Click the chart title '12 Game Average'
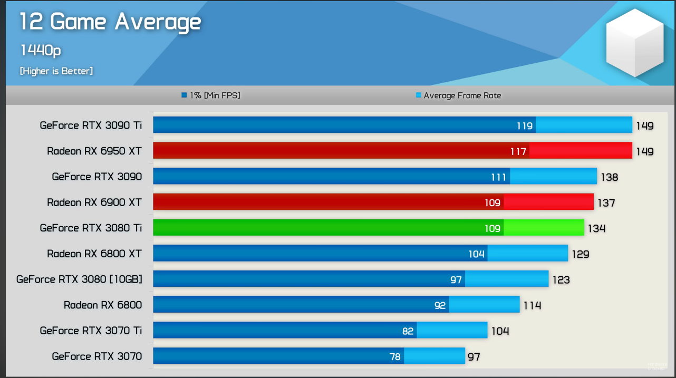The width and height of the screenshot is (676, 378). pyautogui.click(x=110, y=22)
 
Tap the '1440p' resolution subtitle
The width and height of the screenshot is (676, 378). pyautogui.click(x=41, y=51)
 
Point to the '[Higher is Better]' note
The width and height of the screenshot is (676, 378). pyautogui.click(x=56, y=71)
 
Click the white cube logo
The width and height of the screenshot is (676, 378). pyautogui.click(x=634, y=43)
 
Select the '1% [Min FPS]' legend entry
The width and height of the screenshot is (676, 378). pyautogui.click(x=211, y=95)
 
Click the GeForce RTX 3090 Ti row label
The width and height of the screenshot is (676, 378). pyautogui.click(x=91, y=125)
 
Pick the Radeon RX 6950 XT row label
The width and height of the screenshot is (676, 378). pyautogui.click(x=94, y=151)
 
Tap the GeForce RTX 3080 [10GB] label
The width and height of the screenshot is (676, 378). pyautogui.click(x=79, y=279)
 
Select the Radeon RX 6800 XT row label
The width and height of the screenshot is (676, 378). pyautogui.click(x=94, y=254)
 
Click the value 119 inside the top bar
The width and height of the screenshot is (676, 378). pyautogui.click(x=525, y=126)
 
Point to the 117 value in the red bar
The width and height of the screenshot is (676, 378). pyautogui.click(x=518, y=152)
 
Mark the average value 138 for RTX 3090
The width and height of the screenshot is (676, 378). pyautogui.click(x=609, y=177)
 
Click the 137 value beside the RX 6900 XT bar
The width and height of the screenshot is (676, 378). pyautogui.click(x=606, y=203)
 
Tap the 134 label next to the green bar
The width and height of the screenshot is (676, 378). pyautogui.click(x=597, y=229)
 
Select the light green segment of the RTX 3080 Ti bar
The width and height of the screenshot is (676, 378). pyautogui.click(x=544, y=228)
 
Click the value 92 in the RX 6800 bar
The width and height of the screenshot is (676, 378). pyautogui.click(x=440, y=305)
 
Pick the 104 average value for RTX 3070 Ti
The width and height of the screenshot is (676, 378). pyautogui.click(x=500, y=331)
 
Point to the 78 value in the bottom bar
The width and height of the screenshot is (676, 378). pyautogui.click(x=395, y=357)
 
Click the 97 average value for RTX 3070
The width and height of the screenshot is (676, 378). pyautogui.click(x=474, y=357)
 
